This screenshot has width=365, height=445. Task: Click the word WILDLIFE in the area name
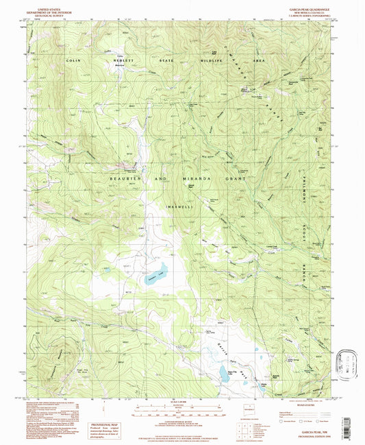pos(214,61)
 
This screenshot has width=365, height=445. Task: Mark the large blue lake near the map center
pos(156,268)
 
